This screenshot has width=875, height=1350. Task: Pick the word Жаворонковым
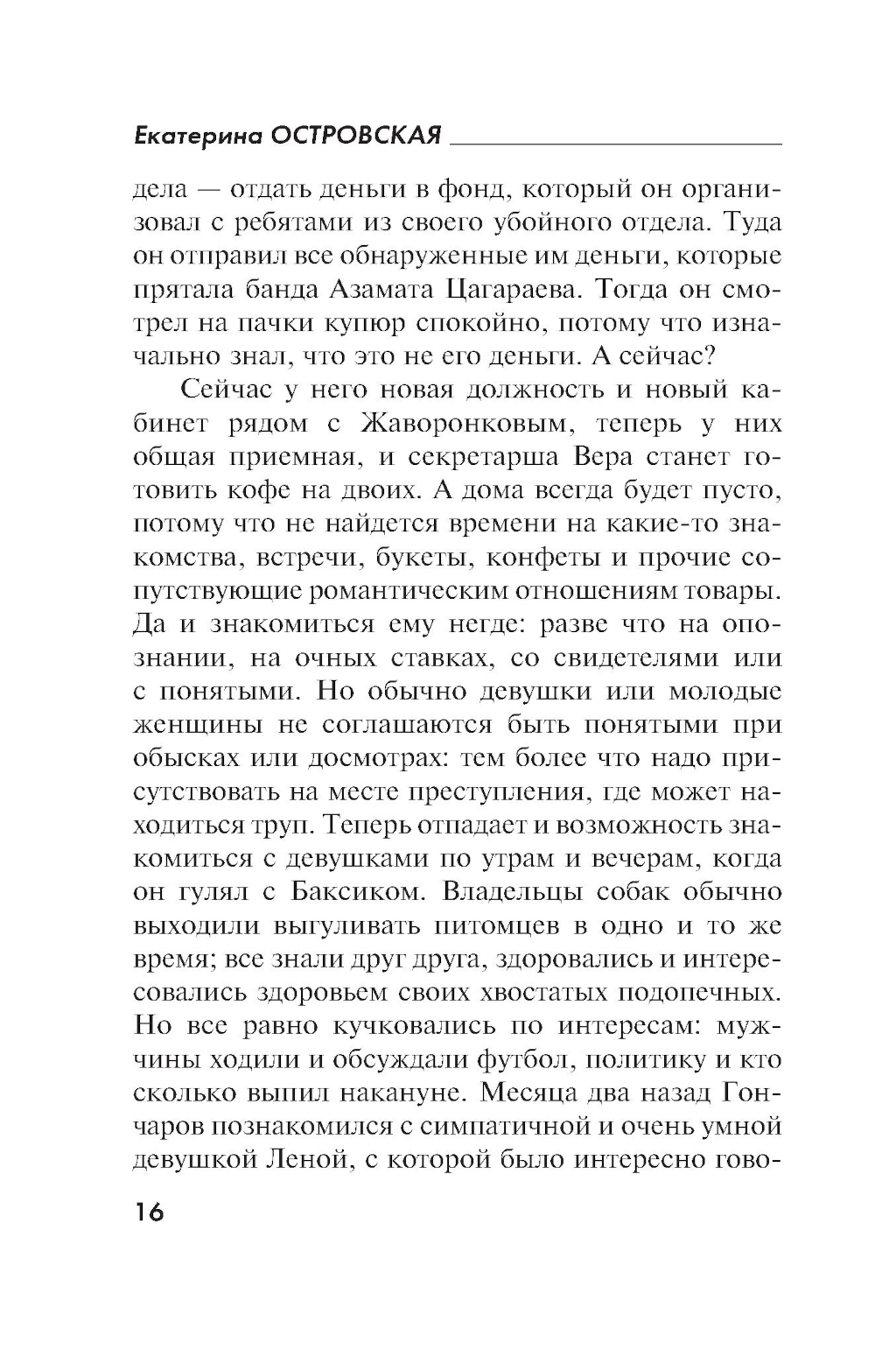465,424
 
